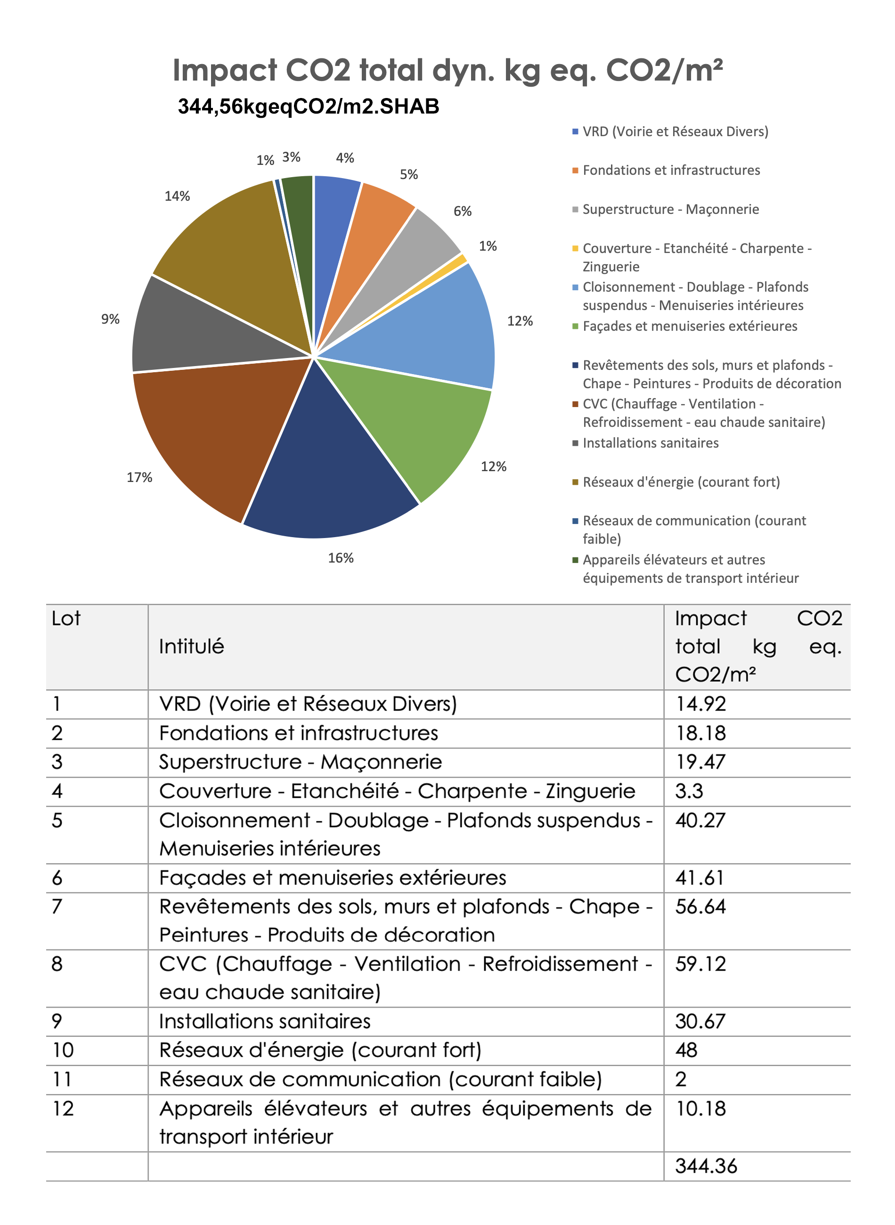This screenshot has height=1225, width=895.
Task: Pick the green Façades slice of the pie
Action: [417, 423]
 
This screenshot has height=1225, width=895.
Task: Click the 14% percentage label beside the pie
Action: [177, 196]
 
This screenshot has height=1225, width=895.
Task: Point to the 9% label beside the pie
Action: [111, 319]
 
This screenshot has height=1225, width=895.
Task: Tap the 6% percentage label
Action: [463, 211]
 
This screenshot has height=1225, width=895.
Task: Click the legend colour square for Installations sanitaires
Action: [575, 443]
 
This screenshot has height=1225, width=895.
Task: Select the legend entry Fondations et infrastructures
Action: [671, 170]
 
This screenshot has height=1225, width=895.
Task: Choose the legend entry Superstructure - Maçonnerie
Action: [670, 209]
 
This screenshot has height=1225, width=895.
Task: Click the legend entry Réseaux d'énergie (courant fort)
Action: [681, 482]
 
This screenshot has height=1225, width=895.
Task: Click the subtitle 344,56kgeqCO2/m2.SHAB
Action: [308, 107]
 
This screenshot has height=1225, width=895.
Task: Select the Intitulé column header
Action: [191, 646]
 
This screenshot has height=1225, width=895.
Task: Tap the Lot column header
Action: [66, 618]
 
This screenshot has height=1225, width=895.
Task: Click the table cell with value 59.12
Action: [700, 964]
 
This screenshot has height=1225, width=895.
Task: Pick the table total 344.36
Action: [706, 1166]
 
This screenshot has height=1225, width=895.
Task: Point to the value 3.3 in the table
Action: [689, 791]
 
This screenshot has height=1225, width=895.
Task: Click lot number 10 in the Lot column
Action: [63, 1050]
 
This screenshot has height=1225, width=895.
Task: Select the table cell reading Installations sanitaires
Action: [264, 1021]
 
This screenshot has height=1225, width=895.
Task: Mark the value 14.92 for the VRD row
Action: [700, 704]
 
